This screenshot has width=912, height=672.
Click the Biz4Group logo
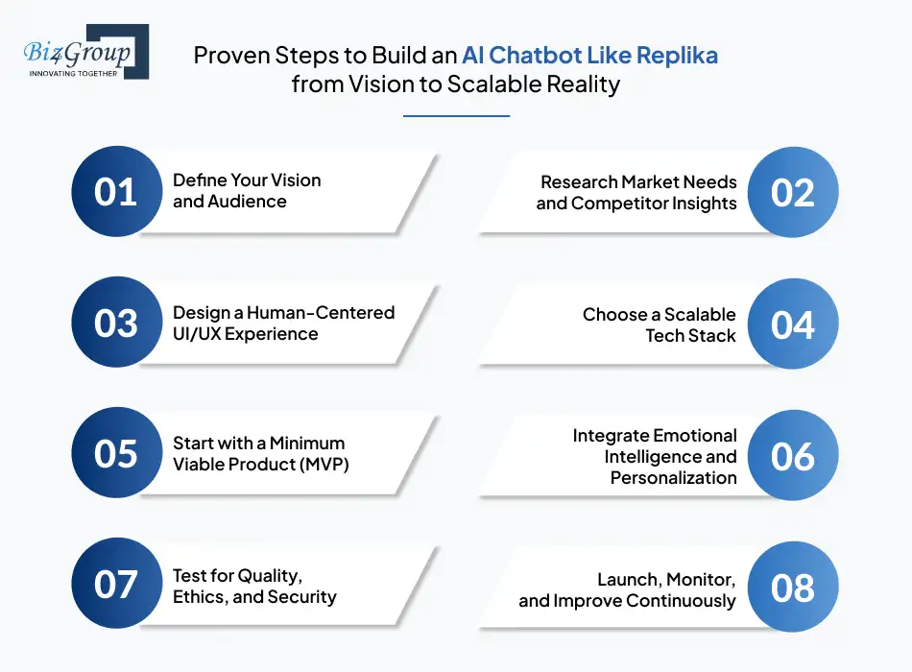(x=84, y=52)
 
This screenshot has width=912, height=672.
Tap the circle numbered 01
(x=116, y=192)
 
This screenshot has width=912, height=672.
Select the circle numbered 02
(x=792, y=192)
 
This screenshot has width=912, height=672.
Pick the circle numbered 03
(x=116, y=324)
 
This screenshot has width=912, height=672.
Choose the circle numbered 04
(x=792, y=324)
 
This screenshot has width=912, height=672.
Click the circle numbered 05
(x=116, y=453)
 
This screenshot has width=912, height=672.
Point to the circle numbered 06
(x=792, y=456)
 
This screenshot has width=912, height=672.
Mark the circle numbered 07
(x=116, y=584)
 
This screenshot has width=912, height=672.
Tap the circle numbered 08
(x=792, y=587)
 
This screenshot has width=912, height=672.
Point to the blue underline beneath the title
(x=456, y=116)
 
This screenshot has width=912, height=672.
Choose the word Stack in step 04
(x=712, y=335)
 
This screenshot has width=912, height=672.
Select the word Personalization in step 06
(x=673, y=477)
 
